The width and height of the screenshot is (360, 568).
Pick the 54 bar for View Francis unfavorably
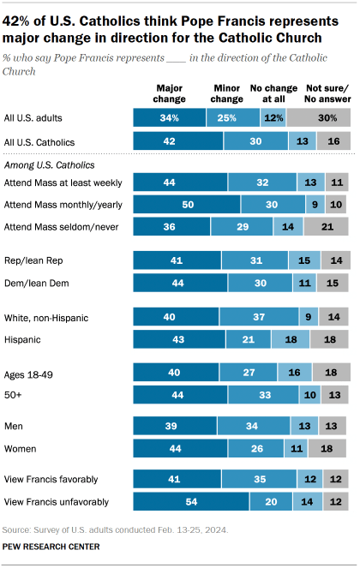[x=191, y=502]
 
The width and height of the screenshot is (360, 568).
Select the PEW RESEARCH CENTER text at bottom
[x=52, y=546]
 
